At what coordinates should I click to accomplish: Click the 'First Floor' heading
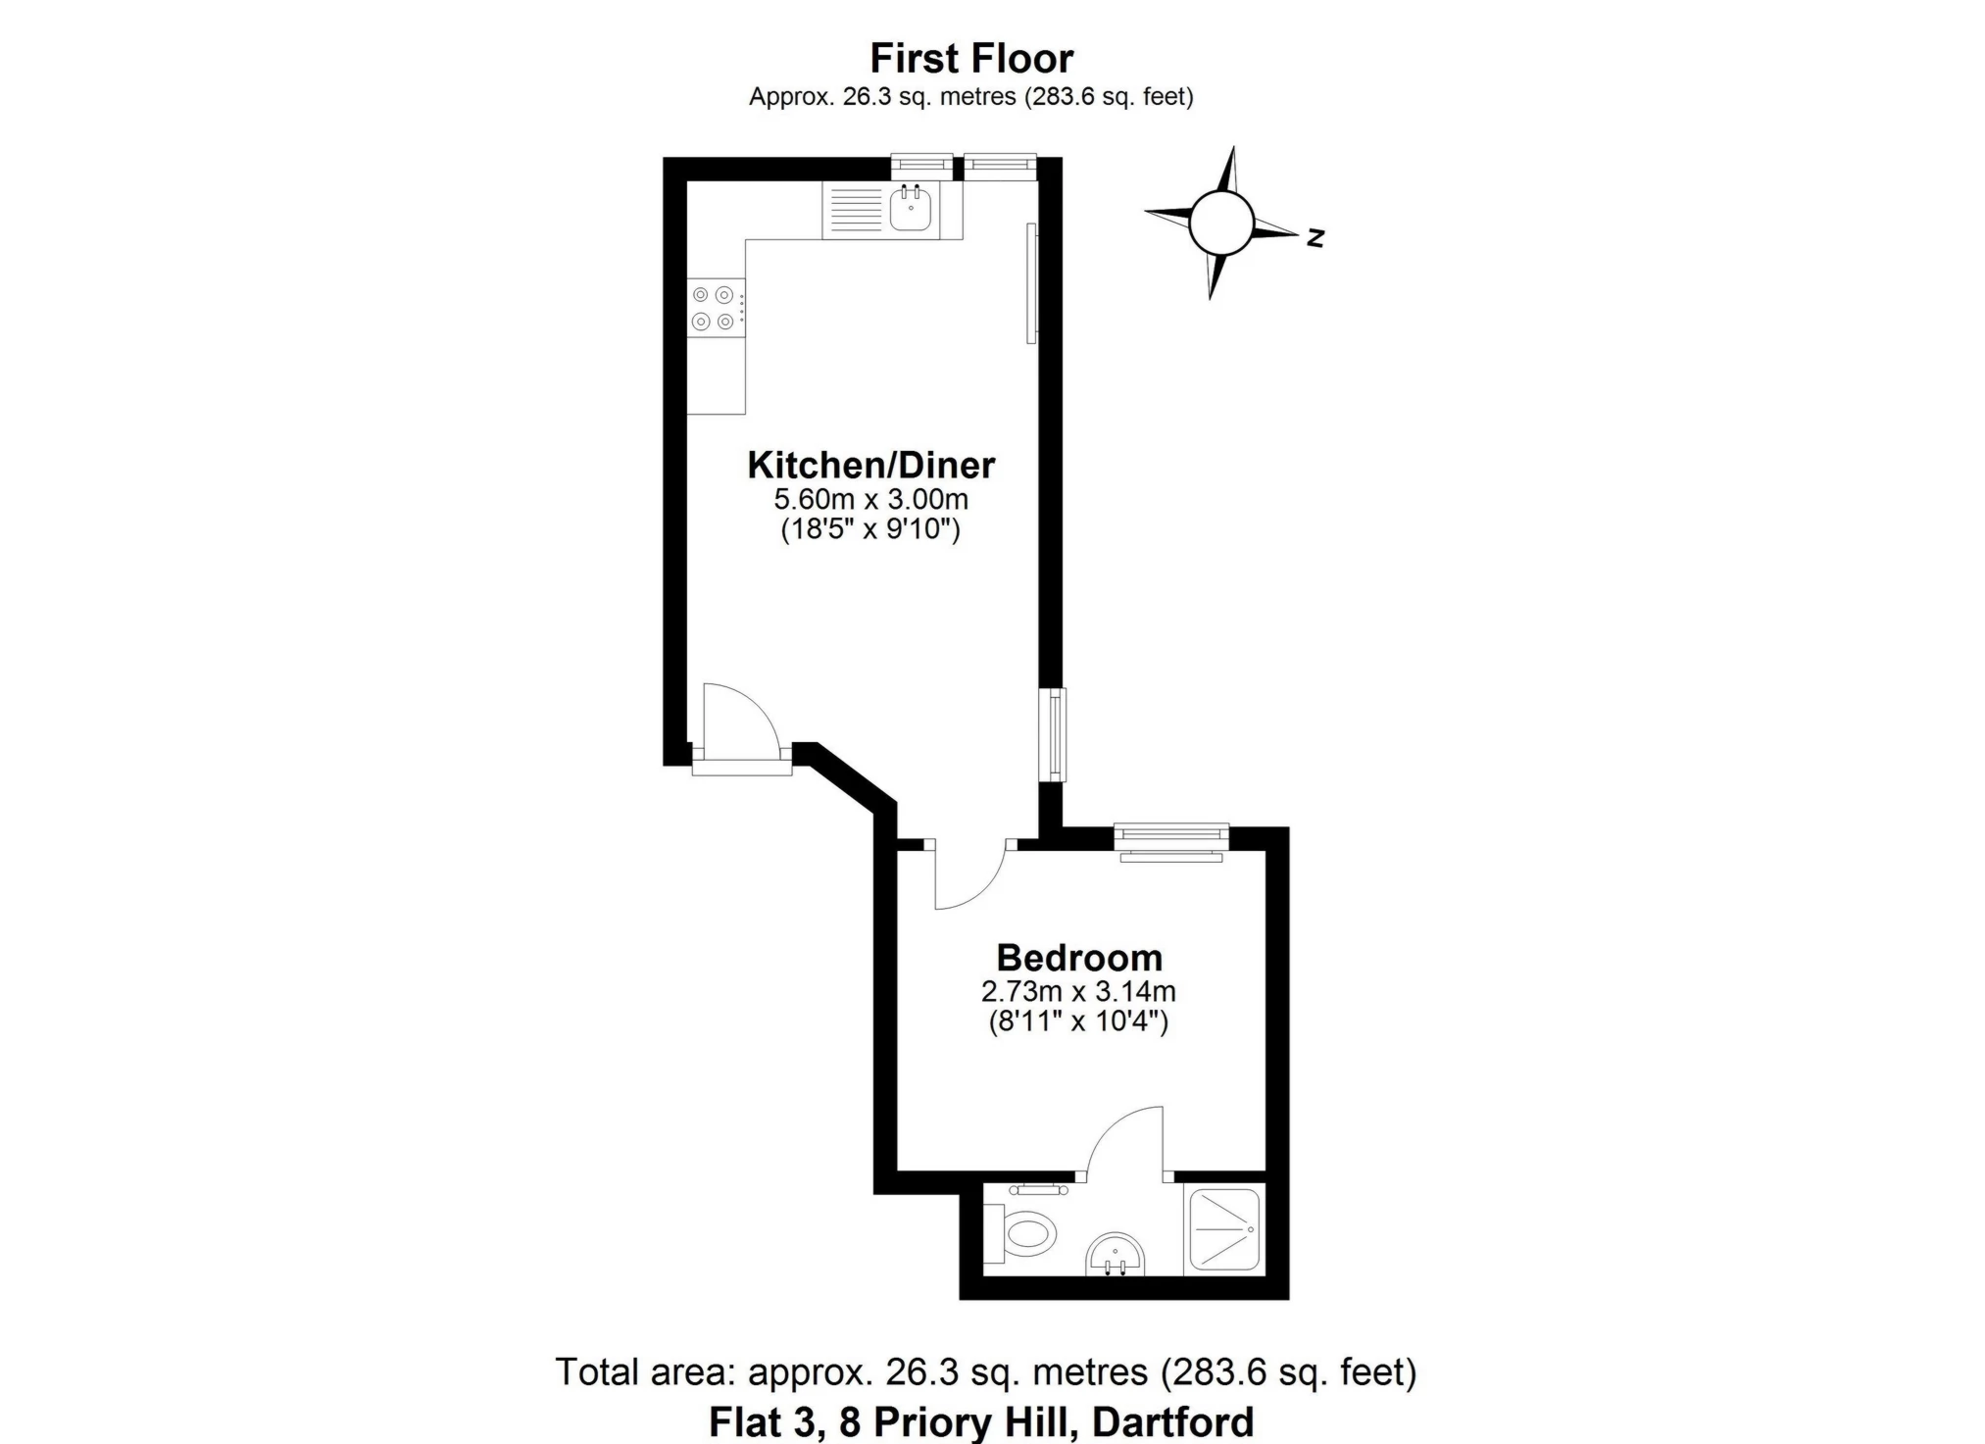pyautogui.click(x=971, y=59)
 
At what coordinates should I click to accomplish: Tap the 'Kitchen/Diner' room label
pyautogui.click(x=871, y=465)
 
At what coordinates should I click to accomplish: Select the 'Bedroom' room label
pyautogui.click(x=1079, y=957)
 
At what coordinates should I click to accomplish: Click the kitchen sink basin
pyautogui.click(x=911, y=209)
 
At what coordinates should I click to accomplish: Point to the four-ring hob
pyautogui.click(x=714, y=308)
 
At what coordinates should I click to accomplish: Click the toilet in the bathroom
pyautogui.click(x=1019, y=1233)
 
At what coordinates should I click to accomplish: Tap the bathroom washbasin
pyautogui.click(x=1116, y=1255)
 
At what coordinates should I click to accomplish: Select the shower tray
pyautogui.click(x=1224, y=1229)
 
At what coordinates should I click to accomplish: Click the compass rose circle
pyautogui.click(x=1221, y=222)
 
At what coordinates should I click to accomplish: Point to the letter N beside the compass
pyautogui.click(x=1315, y=236)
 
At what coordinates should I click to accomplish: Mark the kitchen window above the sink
pyautogui.click(x=921, y=167)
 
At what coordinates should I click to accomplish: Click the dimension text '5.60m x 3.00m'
pyautogui.click(x=871, y=499)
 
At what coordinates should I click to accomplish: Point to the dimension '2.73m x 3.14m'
pyautogui.click(x=1078, y=991)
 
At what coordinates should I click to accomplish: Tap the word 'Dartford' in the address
pyautogui.click(x=1173, y=1421)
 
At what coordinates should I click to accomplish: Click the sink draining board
pyautogui.click(x=856, y=209)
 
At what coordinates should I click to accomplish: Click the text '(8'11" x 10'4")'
pyautogui.click(x=1078, y=1021)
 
